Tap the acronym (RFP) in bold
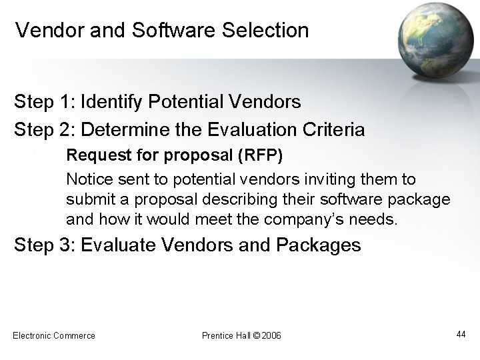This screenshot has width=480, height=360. pos(259,155)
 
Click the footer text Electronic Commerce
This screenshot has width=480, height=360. pos(54,335)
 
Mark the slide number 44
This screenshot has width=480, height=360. pos(461,333)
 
